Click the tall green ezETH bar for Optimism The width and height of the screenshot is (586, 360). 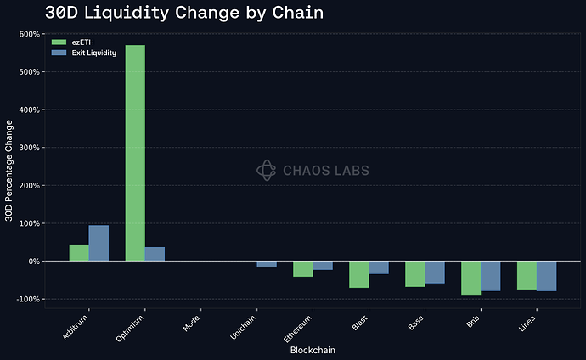[135, 153]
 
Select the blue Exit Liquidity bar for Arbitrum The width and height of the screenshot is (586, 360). [99, 243]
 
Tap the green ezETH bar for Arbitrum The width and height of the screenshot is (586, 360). [79, 252]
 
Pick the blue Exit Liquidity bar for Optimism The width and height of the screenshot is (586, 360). [155, 254]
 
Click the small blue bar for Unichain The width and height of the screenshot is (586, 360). [267, 264]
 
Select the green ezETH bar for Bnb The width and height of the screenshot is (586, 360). [470, 278]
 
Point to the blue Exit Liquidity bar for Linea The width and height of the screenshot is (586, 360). [546, 276]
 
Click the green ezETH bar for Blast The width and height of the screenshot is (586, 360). [358, 274]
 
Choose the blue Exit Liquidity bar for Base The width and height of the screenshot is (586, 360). [434, 272]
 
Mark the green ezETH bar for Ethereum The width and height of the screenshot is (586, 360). [302, 268]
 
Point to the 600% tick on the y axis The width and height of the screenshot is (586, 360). [29, 34]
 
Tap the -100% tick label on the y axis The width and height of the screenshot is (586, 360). [27, 299]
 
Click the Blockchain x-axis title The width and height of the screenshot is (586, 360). [312, 350]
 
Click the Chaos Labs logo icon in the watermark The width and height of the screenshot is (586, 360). [267, 171]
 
